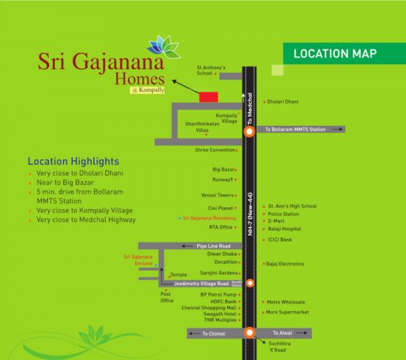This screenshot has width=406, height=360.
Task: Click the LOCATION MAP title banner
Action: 335,53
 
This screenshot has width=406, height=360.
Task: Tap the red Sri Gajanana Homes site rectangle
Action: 208,97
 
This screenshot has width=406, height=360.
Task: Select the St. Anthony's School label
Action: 210,70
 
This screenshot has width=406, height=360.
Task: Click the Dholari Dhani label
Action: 283,102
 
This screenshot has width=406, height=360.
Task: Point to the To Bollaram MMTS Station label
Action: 296,129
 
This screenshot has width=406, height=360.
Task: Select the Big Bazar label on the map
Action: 223,168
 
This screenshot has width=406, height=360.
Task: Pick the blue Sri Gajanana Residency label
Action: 207,218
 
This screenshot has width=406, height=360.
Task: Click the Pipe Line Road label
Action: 214,246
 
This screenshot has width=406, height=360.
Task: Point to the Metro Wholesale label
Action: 286,302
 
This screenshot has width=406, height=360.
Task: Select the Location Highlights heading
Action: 73,162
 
